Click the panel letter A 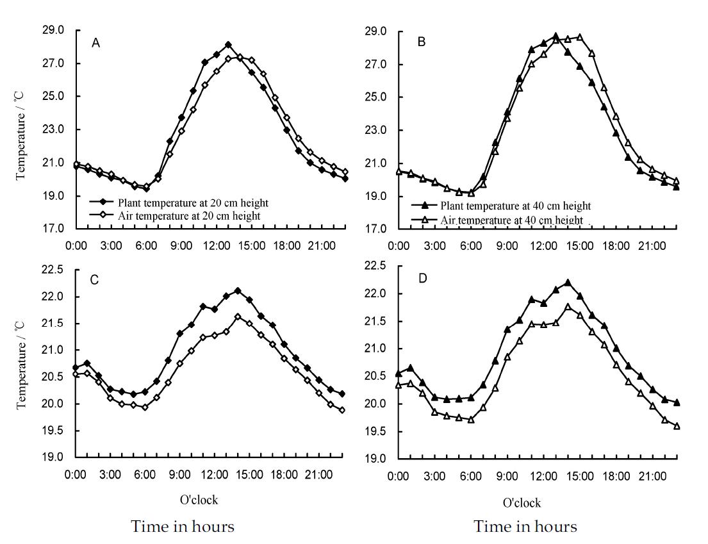point(95,43)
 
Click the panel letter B point(421,42)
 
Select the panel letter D point(422,279)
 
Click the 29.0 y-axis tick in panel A point(53,30)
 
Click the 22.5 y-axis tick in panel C point(53,270)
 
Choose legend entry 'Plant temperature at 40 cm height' point(515,206)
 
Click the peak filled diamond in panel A point(228,45)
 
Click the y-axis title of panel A point(22,129)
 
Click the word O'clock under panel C point(199,499)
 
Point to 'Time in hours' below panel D point(525,527)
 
